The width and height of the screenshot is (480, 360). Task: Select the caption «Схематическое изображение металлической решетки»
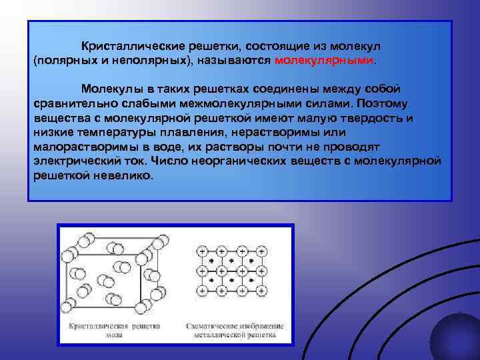click(234, 331)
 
